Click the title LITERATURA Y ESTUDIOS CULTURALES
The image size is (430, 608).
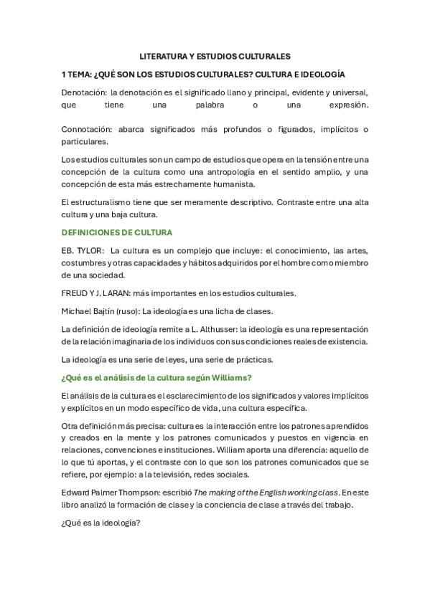pos(214,55)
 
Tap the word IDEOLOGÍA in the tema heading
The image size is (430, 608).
pos(319,74)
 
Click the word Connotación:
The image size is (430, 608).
pos(87,129)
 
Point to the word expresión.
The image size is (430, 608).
pos(346,105)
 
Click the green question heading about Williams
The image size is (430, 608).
pos(156,378)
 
